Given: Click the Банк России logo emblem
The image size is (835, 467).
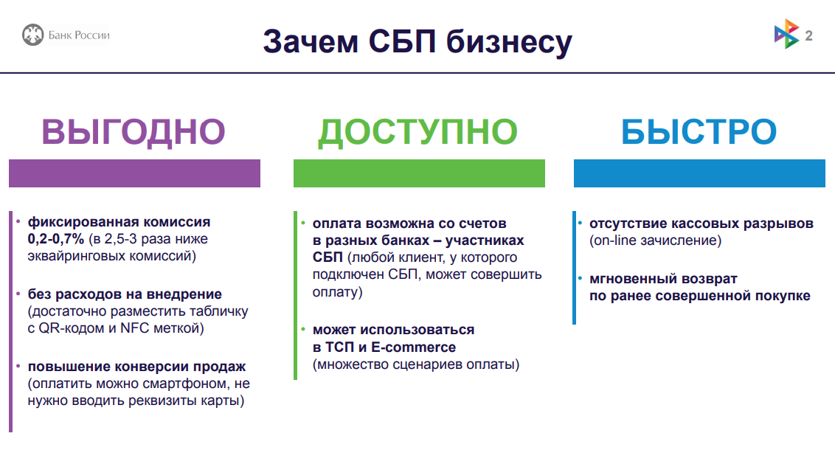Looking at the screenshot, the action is pyautogui.click(x=32, y=35).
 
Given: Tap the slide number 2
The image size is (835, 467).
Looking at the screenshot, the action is pyautogui.click(x=808, y=35).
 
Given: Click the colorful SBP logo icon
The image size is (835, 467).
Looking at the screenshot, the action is pyautogui.click(x=786, y=34).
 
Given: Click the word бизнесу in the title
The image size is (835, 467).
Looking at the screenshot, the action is pyautogui.click(x=509, y=43).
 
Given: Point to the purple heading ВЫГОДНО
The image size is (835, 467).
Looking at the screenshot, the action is pyautogui.click(x=134, y=131).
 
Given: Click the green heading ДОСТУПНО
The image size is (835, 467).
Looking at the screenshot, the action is pyautogui.click(x=418, y=132).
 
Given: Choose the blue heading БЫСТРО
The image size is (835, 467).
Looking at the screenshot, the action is pyautogui.click(x=699, y=131).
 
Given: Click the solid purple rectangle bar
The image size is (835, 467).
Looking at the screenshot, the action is pyautogui.click(x=135, y=173).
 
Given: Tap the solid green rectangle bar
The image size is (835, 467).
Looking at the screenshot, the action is pyautogui.click(x=419, y=173).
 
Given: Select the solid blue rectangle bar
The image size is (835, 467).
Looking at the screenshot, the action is pyautogui.click(x=699, y=173).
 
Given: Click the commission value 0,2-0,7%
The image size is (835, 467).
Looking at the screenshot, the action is pyautogui.click(x=56, y=239).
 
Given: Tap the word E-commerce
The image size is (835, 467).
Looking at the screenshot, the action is pyautogui.click(x=414, y=347).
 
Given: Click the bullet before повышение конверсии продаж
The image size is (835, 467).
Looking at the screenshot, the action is pyautogui.click(x=18, y=367).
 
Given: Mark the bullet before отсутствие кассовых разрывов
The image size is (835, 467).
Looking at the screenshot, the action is pyautogui.click(x=580, y=223).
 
